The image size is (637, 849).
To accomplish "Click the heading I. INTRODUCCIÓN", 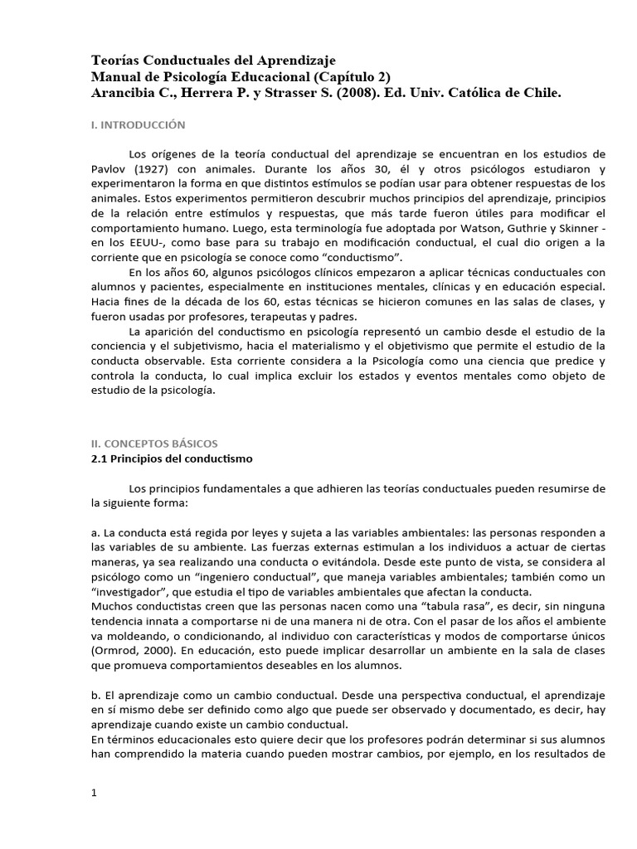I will [138, 125].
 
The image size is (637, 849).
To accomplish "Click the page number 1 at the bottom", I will [95, 793].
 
